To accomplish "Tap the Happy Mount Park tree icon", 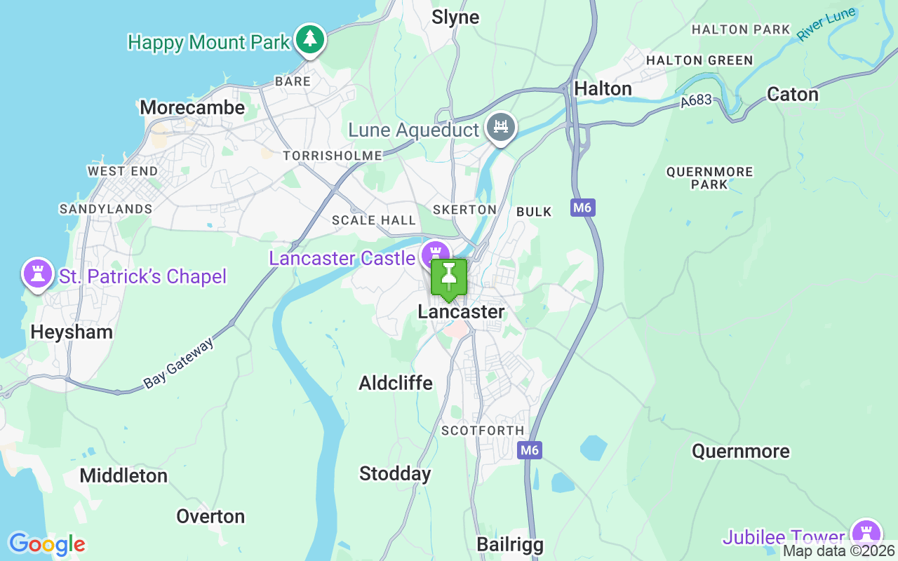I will click(309, 39).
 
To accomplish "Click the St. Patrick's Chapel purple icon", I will click(38, 273).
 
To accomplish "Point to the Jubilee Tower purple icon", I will click(866, 534).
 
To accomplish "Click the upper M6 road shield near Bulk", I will click(582, 208).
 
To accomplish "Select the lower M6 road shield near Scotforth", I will click(530, 450).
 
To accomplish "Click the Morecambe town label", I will click(192, 107).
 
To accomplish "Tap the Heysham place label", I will click(72, 332).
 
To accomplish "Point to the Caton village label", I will click(793, 94).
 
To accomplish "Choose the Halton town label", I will click(603, 88).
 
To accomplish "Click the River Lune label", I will click(826, 25).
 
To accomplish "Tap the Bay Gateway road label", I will click(178, 363).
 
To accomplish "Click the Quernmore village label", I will click(740, 451).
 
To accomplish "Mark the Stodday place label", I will click(395, 474).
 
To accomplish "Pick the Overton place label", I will click(210, 517).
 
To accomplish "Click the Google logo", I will click(46, 544).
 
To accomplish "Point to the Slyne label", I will click(455, 18).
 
